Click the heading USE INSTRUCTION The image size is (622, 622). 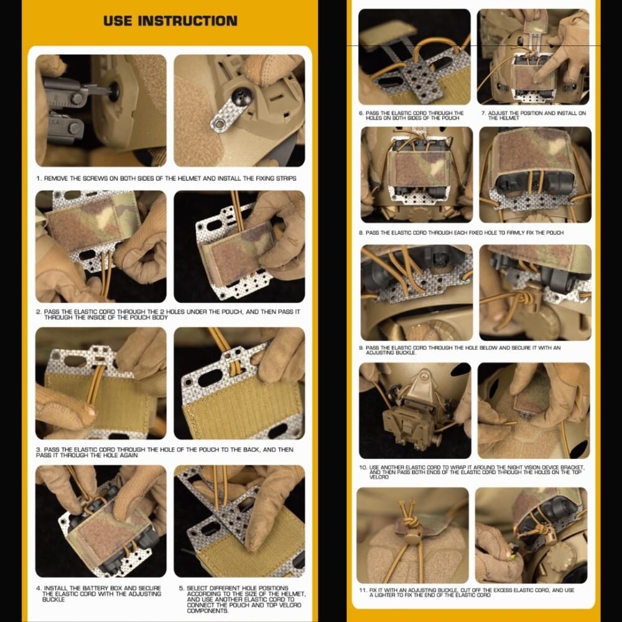click(170, 21)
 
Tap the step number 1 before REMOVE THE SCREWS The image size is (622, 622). click(39, 179)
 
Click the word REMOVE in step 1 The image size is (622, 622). click(57, 179)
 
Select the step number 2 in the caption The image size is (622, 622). click(38, 312)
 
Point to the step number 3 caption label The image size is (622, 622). click(39, 450)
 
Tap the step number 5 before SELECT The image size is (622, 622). click(181, 588)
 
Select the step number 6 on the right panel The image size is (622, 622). click(361, 113)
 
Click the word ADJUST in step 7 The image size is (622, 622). click(498, 113)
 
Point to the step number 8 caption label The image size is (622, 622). click(361, 233)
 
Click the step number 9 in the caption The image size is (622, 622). click(361, 348)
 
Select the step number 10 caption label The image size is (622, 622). click(363, 467)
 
